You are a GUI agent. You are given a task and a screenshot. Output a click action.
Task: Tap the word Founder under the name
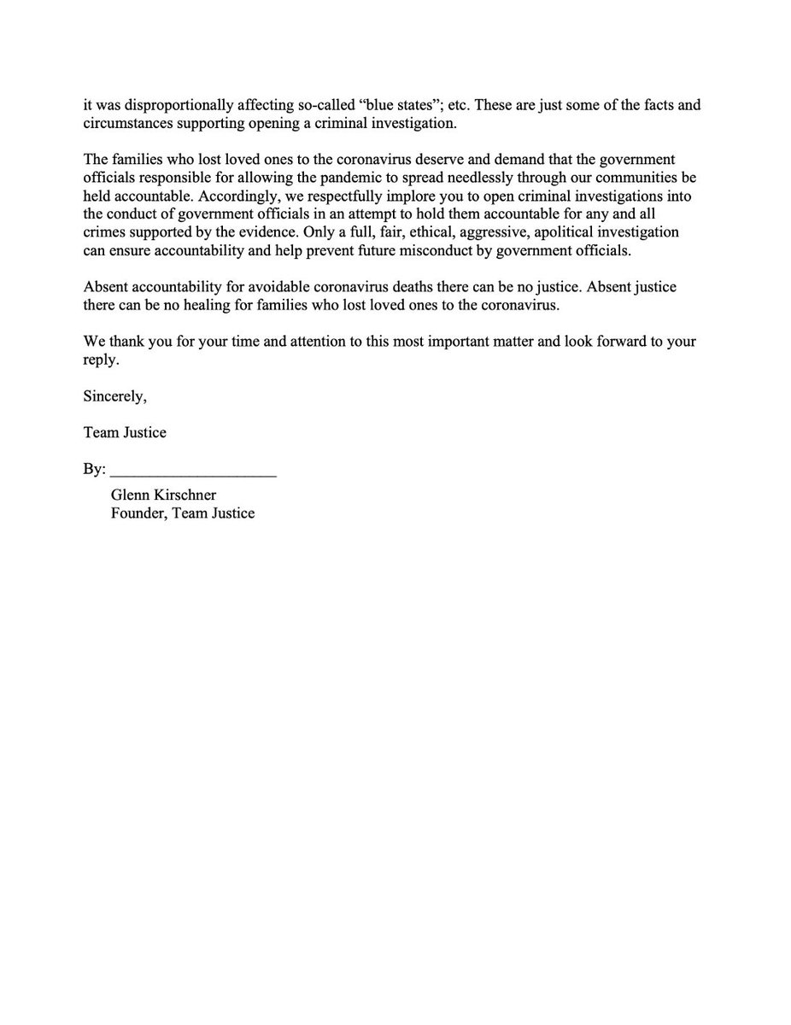click(138, 512)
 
